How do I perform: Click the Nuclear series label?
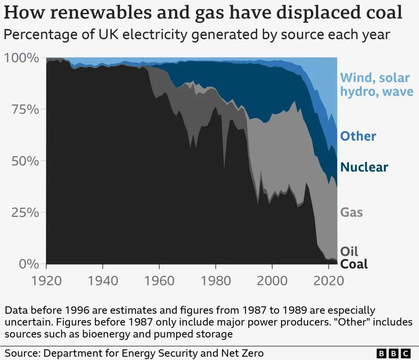pos(364,167)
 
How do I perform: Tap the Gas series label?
pos(351,212)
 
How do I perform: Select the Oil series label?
pos(349,251)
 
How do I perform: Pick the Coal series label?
pos(354,264)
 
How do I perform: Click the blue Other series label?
pos(358,136)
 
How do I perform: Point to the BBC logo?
pos(393,353)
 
